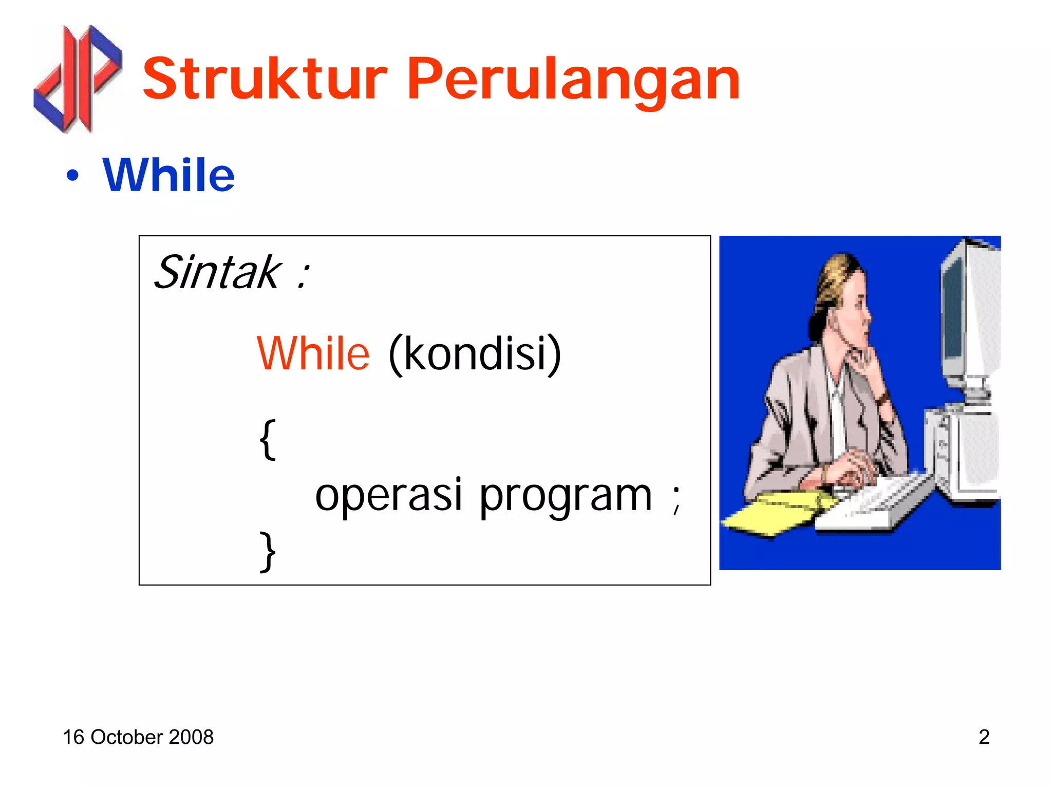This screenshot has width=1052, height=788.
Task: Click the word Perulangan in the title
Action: (x=573, y=80)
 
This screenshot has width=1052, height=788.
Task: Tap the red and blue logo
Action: (x=77, y=78)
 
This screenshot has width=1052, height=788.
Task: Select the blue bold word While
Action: (x=168, y=175)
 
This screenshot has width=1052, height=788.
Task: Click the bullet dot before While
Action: (x=73, y=176)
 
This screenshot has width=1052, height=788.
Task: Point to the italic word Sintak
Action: (x=217, y=272)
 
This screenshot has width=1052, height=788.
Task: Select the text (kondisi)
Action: (x=475, y=354)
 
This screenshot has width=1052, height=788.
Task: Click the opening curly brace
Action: (x=268, y=439)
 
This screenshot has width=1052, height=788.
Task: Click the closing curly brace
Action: (x=268, y=551)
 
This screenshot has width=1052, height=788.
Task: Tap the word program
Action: (x=566, y=496)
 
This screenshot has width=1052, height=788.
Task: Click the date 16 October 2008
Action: (x=138, y=737)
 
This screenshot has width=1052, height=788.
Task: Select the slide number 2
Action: (x=984, y=737)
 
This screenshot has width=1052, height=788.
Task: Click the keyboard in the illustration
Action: (x=873, y=501)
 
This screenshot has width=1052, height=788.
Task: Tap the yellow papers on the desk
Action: (x=771, y=514)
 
